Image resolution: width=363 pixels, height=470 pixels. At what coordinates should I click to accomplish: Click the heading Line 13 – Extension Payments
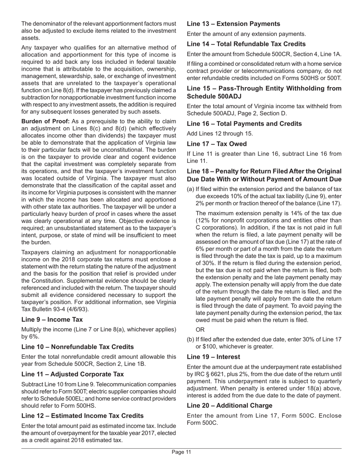(233, 24)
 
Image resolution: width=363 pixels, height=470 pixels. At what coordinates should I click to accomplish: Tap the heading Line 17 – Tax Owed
(217, 144)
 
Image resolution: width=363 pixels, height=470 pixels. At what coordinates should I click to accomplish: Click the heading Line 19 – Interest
(214, 357)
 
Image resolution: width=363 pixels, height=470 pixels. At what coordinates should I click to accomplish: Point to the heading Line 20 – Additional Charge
(230, 405)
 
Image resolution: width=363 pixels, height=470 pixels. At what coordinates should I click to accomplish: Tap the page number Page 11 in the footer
(181, 452)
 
